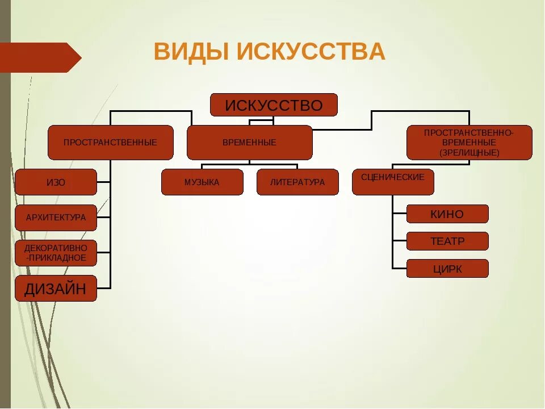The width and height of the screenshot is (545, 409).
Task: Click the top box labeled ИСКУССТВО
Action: click(274, 105)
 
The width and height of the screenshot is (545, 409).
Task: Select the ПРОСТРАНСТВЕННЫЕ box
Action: click(110, 143)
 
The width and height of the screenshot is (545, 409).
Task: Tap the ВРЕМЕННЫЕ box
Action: click(249, 143)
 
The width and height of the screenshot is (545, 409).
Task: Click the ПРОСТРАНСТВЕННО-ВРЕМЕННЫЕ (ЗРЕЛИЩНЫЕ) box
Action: click(469, 143)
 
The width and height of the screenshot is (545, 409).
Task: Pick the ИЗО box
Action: click(56, 182)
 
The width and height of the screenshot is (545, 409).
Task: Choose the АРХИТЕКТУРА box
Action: click(56, 218)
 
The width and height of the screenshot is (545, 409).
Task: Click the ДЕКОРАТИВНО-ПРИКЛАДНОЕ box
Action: click(56, 253)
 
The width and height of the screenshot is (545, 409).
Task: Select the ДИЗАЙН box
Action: click(56, 289)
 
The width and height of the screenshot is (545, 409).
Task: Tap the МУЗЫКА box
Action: click(202, 182)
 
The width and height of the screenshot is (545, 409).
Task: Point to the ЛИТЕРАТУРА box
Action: click(297, 182)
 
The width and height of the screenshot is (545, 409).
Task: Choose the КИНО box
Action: click(447, 214)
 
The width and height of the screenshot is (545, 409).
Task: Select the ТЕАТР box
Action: click(447, 241)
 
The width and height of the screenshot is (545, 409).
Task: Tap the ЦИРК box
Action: click(447, 269)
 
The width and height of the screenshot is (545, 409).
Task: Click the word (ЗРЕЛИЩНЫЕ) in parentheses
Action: click(469, 153)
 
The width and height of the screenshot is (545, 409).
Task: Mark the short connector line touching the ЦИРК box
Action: click(399, 268)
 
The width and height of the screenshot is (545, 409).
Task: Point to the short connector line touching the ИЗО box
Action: click(103, 182)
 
